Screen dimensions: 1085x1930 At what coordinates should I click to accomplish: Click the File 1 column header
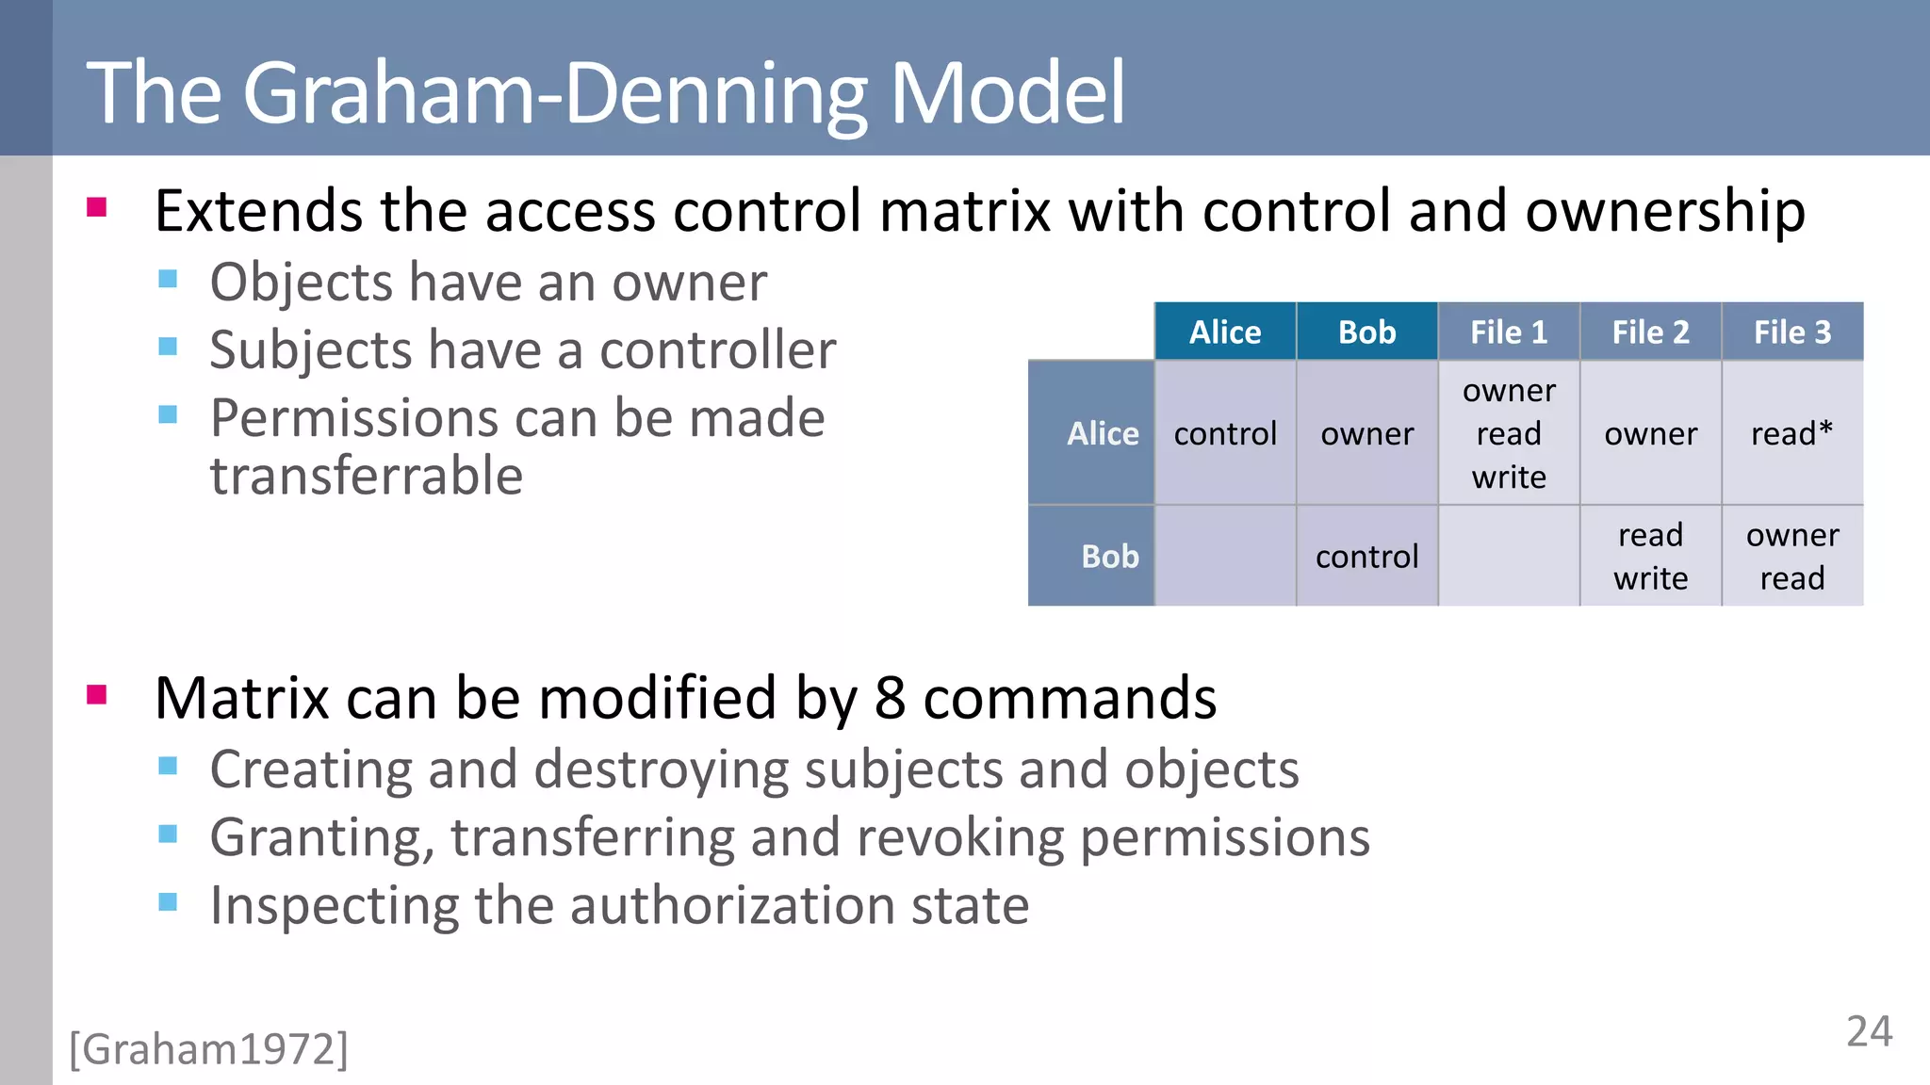1508,332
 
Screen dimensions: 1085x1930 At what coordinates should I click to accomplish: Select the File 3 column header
1791,332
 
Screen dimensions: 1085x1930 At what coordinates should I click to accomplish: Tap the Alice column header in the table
1224,332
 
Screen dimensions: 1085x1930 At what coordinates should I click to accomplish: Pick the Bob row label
1109,557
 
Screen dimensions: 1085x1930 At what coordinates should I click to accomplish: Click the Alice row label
1102,433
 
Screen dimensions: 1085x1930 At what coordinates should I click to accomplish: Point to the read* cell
1791,433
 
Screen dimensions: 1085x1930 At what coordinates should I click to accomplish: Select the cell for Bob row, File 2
1650,557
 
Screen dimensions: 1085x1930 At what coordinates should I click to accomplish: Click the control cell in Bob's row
1366,557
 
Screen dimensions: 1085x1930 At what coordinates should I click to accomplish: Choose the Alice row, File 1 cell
1508,433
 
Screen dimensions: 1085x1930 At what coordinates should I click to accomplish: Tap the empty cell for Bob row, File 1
1508,557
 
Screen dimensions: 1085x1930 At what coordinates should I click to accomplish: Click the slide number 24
1869,1032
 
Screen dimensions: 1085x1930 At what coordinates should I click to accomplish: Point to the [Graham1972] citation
208,1049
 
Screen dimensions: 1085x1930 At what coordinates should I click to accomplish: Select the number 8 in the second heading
890,699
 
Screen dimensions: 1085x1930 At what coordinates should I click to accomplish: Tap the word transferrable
366,476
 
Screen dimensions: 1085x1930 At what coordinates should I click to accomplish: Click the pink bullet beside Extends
96,207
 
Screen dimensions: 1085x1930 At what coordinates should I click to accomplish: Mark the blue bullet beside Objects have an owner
168,279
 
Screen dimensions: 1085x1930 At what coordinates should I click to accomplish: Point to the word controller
717,350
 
